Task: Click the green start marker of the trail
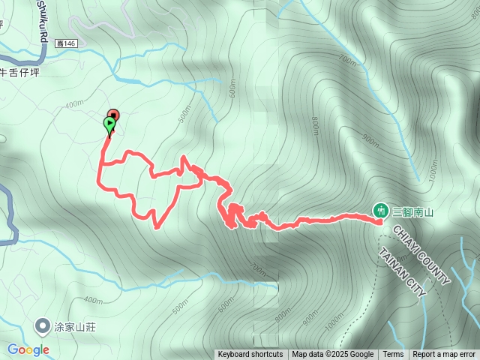[x=109, y=123]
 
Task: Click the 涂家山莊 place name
[x=78, y=326]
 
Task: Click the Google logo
[x=28, y=349]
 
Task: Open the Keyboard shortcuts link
[x=250, y=355]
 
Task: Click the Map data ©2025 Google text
[x=333, y=355]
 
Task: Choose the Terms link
[x=393, y=355]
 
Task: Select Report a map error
[x=444, y=355]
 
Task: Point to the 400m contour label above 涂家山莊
[x=94, y=301]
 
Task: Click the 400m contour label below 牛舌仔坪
[x=74, y=104]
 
